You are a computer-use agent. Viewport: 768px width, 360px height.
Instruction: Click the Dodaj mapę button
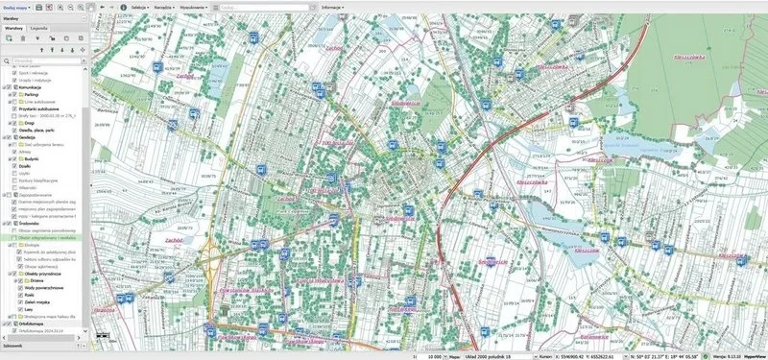coord(15,6)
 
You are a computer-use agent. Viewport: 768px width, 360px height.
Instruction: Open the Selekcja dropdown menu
coord(141,7)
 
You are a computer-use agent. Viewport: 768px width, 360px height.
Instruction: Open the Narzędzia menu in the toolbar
coord(180,7)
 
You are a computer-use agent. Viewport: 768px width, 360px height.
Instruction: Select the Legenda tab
coord(39,29)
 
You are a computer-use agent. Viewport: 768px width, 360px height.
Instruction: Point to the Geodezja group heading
coord(28,137)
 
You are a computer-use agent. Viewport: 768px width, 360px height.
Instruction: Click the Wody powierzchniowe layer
coord(46,287)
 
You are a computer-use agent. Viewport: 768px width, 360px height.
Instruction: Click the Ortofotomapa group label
coord(36,324)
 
